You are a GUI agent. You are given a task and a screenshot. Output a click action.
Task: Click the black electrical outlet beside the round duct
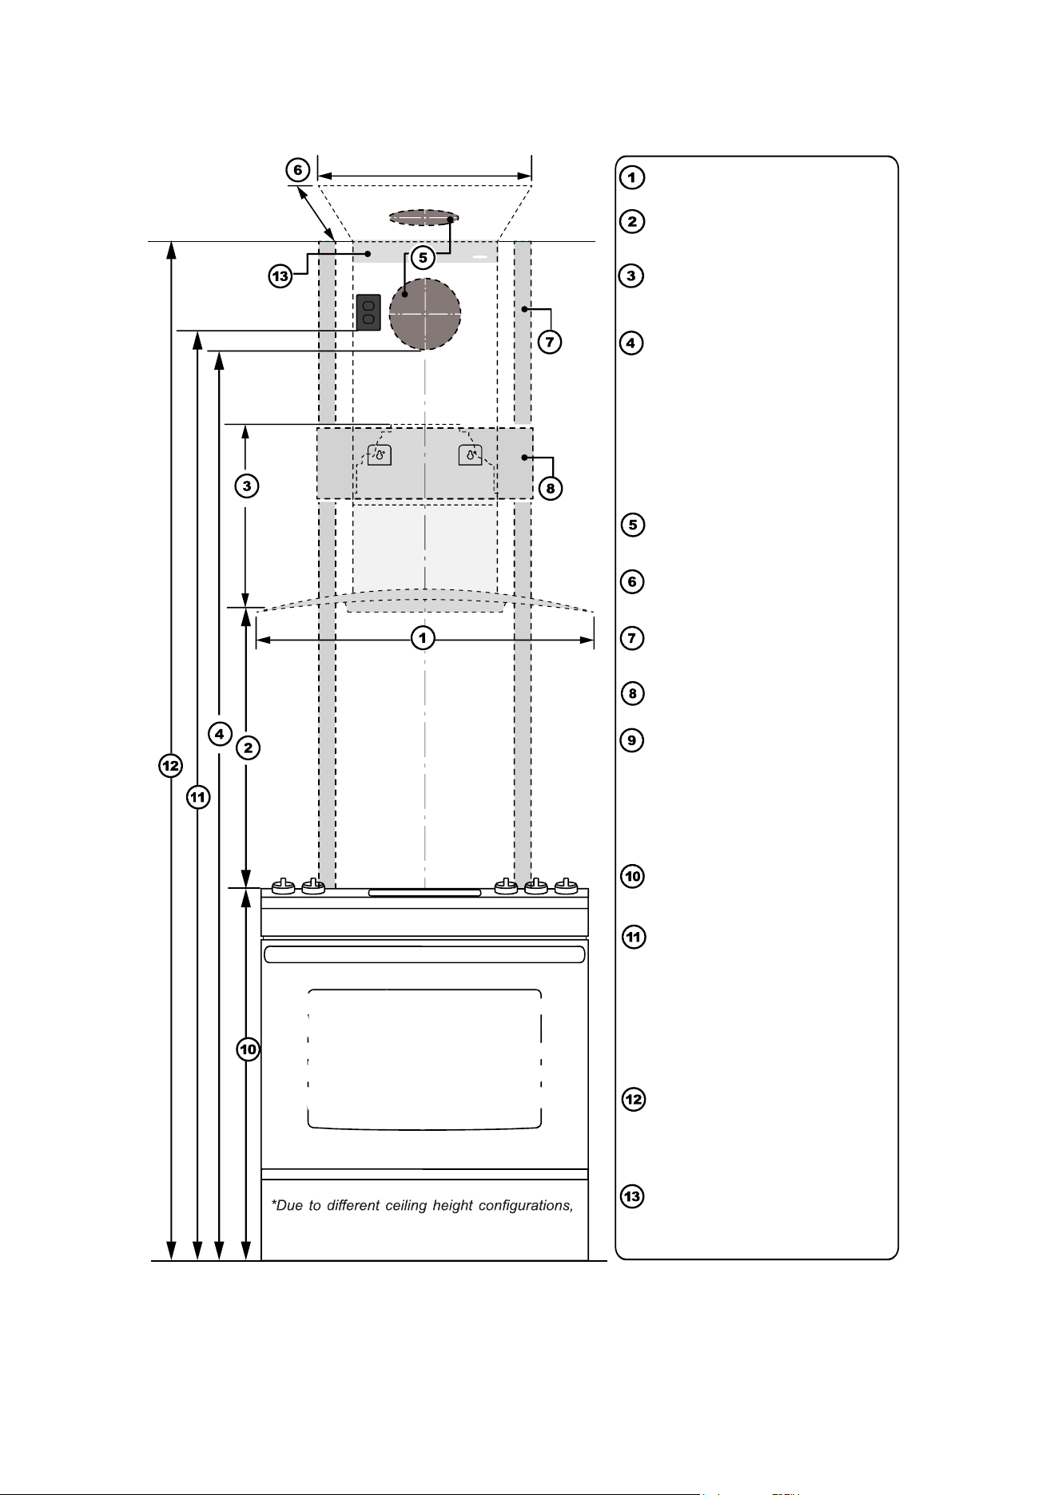pos(368,313)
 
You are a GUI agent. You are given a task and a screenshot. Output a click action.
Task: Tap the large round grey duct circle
pos(425,314)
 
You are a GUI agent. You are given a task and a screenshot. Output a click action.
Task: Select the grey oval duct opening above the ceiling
pos(424,217)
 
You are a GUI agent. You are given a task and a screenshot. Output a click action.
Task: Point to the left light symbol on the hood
pos(380,455)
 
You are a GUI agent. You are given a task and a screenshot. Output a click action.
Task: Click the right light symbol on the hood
pos(471,455)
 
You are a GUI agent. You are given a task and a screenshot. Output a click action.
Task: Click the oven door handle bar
pos(424,954)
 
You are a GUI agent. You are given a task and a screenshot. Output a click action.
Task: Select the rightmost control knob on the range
pos(567,886)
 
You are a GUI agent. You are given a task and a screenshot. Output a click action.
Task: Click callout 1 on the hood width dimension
pos(424,638)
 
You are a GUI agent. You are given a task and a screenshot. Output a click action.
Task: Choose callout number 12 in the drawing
pos(170,766)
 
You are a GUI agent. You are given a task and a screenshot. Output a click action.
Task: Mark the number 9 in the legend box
pos(632,740)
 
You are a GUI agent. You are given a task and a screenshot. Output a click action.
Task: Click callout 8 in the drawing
pos(551,488)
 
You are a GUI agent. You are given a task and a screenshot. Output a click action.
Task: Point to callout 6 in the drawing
pos(297,170)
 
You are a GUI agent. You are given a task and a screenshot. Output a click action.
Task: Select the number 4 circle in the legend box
pos(631,343)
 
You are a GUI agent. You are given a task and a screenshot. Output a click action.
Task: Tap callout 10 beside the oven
pos(249,1049)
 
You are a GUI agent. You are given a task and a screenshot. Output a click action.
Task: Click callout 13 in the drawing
pos(280,277)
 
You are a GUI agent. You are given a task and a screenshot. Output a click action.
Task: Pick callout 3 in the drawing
pos(247,485)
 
